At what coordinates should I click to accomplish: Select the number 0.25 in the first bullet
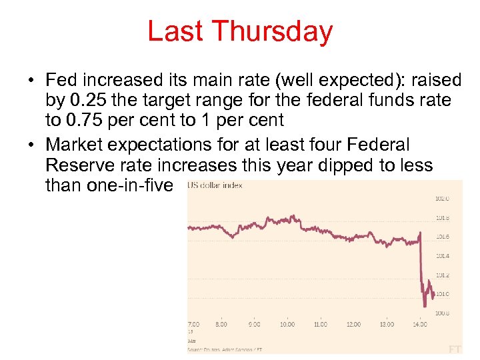(86, 101)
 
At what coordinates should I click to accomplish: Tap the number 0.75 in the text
(86, 121)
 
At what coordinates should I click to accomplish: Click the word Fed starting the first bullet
(62, 81)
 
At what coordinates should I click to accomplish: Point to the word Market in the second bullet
(75, 145)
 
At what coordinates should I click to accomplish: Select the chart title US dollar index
(215, 185)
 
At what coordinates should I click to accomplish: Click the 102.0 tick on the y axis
(442, 199)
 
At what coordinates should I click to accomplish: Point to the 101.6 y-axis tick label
(442, 237)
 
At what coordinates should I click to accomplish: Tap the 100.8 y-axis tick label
(442, 313)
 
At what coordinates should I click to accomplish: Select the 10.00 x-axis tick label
(287, 325)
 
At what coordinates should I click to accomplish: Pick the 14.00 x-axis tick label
(420, 325)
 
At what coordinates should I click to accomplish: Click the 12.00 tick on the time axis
(353, 325)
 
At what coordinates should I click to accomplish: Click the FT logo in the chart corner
(455, 348)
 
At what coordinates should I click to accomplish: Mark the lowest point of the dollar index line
(425, 306)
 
